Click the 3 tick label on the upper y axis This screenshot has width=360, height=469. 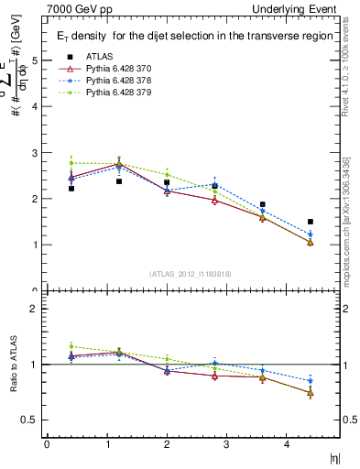pos(34,153)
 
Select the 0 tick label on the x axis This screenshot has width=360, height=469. pos(47,445)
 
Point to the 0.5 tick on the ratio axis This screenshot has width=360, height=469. pos(31,420)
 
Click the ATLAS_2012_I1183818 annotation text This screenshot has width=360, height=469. pos(192,273)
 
